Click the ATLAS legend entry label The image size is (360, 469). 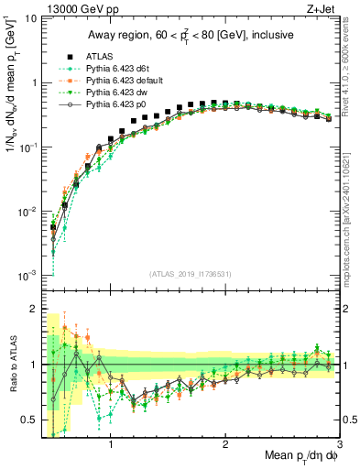click(x=99, y=55)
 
